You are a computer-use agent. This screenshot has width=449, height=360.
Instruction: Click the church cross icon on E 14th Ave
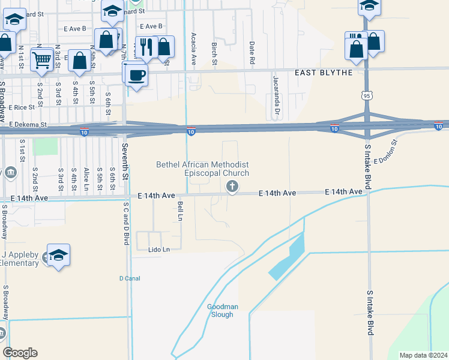(x=232, y=188)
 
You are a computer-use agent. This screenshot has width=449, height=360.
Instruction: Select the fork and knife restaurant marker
(x=146, y=47)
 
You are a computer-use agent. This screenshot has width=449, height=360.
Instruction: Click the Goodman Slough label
(x=223, y=310)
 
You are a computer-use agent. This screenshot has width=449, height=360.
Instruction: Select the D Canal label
(x=130, y=278)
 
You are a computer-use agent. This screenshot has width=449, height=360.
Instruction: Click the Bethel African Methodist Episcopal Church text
(x=202, y=169)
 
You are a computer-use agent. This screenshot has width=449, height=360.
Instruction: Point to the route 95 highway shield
(x=367, y=95)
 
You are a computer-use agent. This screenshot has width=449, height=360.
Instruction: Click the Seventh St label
(x=125, y=158)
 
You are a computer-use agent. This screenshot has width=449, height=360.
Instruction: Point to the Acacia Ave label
(x=194, y=48)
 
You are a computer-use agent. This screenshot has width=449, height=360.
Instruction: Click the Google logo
(x=20, y=353)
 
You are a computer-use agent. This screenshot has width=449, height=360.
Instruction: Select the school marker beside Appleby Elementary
(x=58, y=256)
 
